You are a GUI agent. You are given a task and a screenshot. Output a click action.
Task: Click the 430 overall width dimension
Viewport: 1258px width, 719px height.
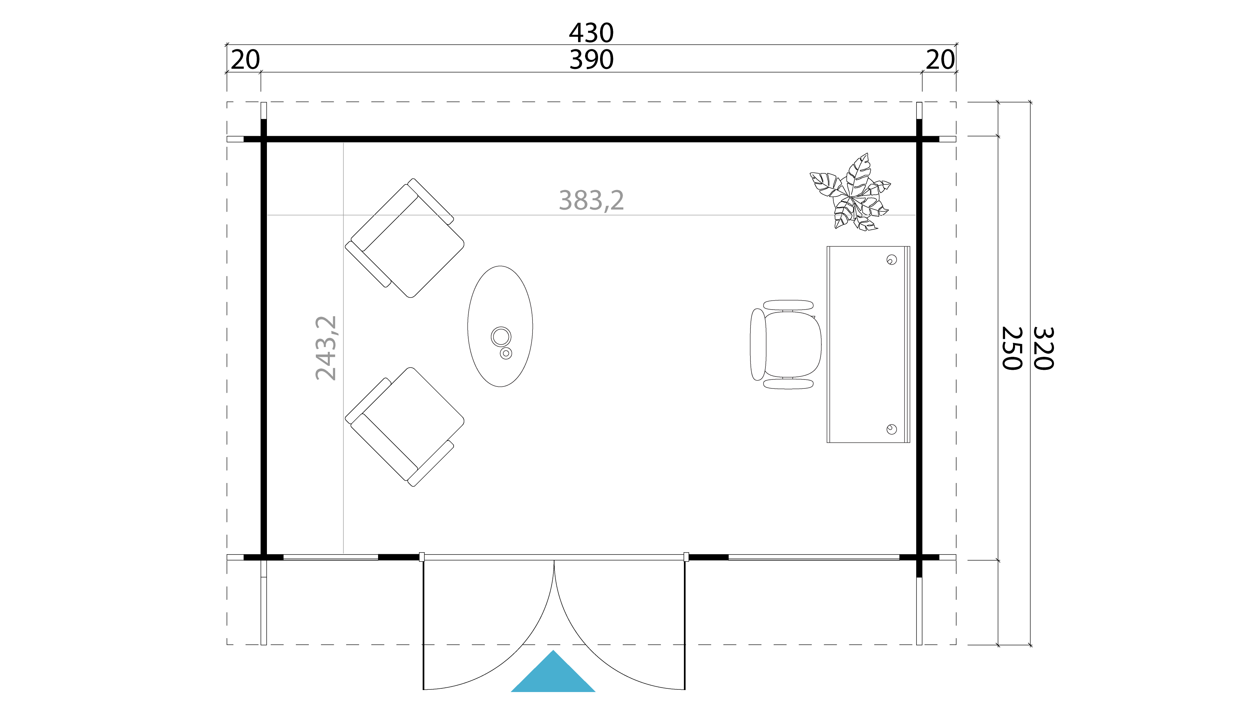[x=591, y=33]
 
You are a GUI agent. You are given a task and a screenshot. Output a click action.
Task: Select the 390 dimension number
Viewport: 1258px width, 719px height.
[x=591, y=60]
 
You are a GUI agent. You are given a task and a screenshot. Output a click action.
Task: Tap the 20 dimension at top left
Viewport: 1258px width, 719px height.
[x=245, y=60]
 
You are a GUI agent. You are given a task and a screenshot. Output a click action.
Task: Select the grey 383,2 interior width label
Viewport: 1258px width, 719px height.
[x=591, y=200]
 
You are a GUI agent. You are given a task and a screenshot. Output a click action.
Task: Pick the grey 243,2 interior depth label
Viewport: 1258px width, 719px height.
[x=326, y=348]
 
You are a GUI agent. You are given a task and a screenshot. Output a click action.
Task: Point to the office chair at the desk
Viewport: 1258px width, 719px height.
[x=786, y=345]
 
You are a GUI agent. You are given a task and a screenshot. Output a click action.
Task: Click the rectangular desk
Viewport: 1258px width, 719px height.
[x=868, y=345]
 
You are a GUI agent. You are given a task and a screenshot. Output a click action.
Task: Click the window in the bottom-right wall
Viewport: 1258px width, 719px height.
[x=814, y=558]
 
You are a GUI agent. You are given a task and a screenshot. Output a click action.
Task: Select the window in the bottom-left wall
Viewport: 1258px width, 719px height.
[x=331, y=558]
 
